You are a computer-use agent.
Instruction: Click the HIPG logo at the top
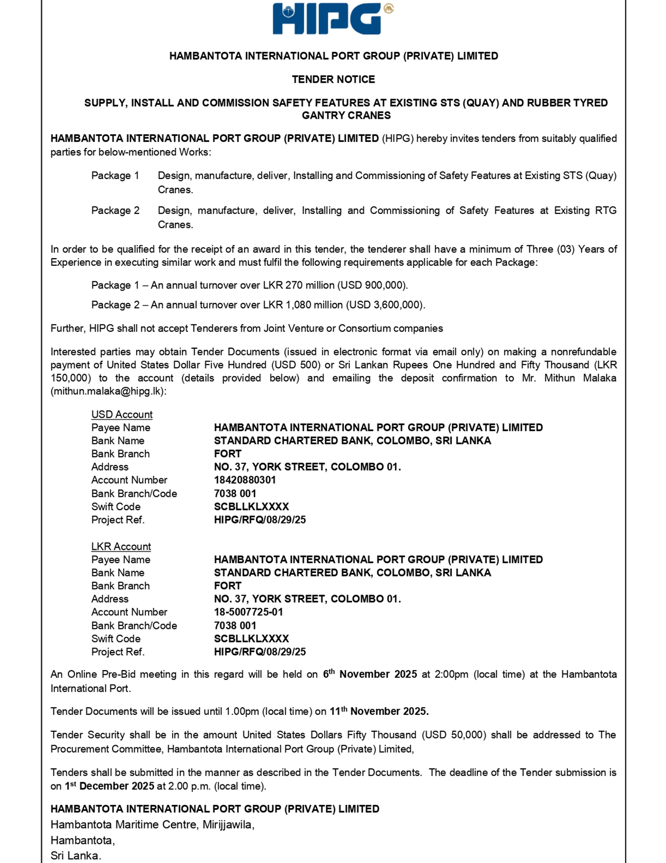pos(332,19)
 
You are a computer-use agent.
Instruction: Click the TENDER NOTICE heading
pos(333,79)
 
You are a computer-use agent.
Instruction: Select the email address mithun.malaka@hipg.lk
pos(108,391)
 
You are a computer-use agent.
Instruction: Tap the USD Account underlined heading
pos(122,415)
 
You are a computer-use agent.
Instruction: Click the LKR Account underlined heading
pos(121,546)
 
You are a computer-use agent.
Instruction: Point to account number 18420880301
pos(245,480)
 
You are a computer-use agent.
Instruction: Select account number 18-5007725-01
pos(248,612)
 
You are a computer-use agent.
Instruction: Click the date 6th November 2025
pos(369,674)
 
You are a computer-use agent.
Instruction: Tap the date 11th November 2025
pos(379,711)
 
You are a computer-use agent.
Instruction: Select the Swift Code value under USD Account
pos(251,507)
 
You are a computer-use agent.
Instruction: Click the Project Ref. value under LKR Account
pos(260,652)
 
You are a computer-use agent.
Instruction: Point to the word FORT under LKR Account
pos(228,586)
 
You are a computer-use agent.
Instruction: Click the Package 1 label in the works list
pos(115,176)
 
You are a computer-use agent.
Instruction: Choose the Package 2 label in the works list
pos(115,211)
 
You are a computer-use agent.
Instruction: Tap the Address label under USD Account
pos(110,467)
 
